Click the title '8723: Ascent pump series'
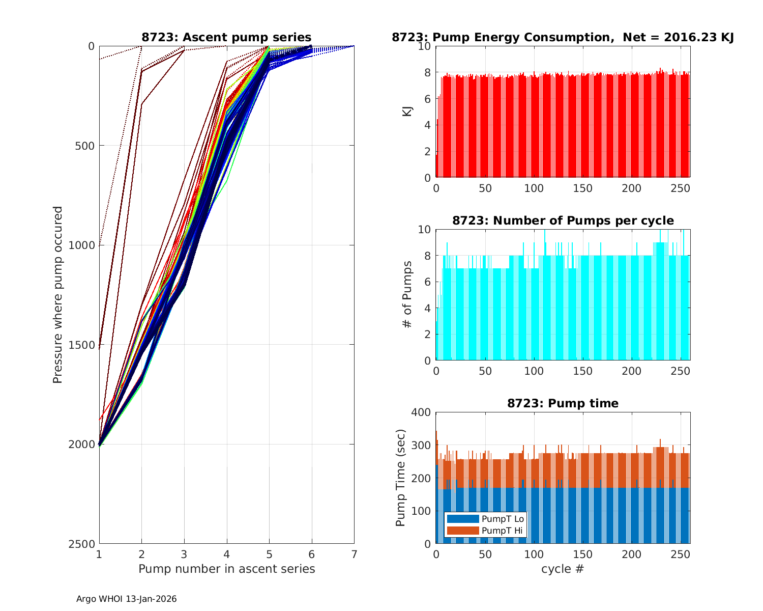point(226,37)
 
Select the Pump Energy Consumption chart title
point(563,37)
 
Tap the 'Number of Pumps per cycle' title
point(563,220)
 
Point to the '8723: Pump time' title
point(563,403)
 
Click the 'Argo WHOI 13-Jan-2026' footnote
point(126,599)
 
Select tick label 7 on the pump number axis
point(354,554)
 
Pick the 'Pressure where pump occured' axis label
point(58,295)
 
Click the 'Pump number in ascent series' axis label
point(226,569)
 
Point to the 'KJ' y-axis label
point(407,112)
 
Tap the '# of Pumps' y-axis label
point(407,294)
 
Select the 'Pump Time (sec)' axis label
point(401,478)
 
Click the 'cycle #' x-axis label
point(563,569)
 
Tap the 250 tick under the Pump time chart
point(681,554)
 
